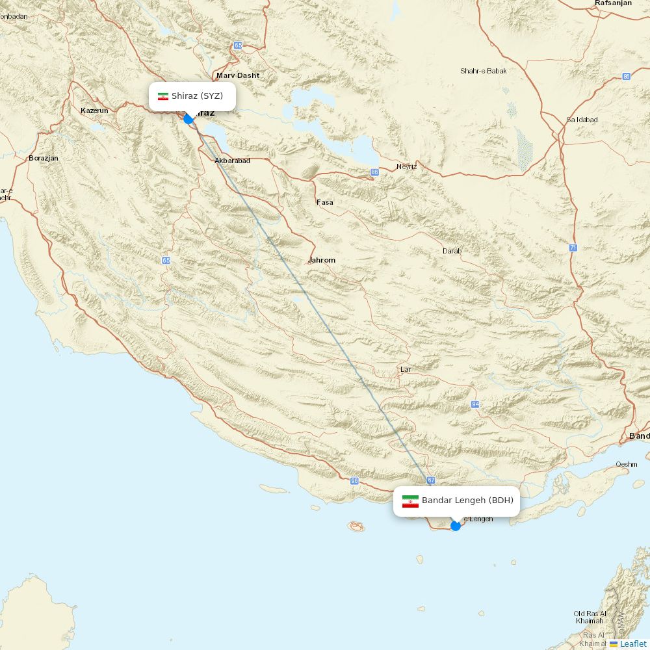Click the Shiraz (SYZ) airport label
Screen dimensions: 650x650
coord(197,96)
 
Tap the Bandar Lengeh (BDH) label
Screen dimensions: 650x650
coord(467,500)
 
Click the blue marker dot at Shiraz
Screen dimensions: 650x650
coord(188,119)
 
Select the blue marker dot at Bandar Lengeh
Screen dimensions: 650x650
coord(456,525)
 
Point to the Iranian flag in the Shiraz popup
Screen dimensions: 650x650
coord(163,97)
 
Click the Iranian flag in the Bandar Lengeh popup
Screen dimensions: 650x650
coord(410,501)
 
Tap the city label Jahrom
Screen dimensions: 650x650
coord(322,260)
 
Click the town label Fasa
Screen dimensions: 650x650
coord(324,202)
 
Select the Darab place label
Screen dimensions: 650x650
coord(452,251)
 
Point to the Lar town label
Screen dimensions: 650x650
coord(406,369)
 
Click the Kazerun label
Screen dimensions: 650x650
coord(94,110)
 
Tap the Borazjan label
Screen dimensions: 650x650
coord(44,158)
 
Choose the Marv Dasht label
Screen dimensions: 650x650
coord(238,75)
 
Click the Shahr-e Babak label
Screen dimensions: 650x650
coord(483,71)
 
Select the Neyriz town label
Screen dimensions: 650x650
coord(406,166)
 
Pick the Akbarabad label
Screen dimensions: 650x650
coord(232,161)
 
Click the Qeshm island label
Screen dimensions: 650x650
coord(627,464)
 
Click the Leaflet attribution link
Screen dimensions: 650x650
coord(632,643)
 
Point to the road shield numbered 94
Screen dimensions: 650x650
coord(476,404)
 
